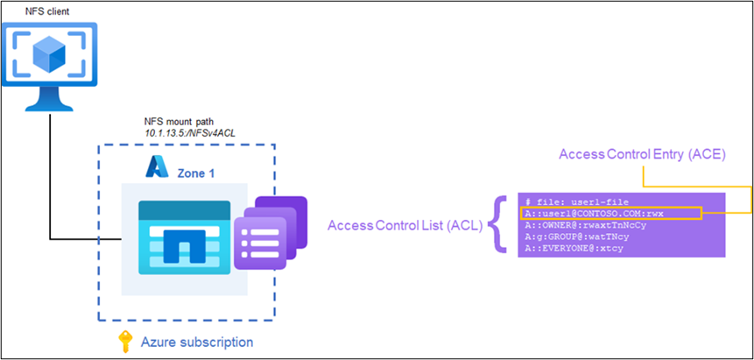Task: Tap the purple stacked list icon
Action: coord(273,235)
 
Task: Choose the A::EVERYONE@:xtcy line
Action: coord(579,248)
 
